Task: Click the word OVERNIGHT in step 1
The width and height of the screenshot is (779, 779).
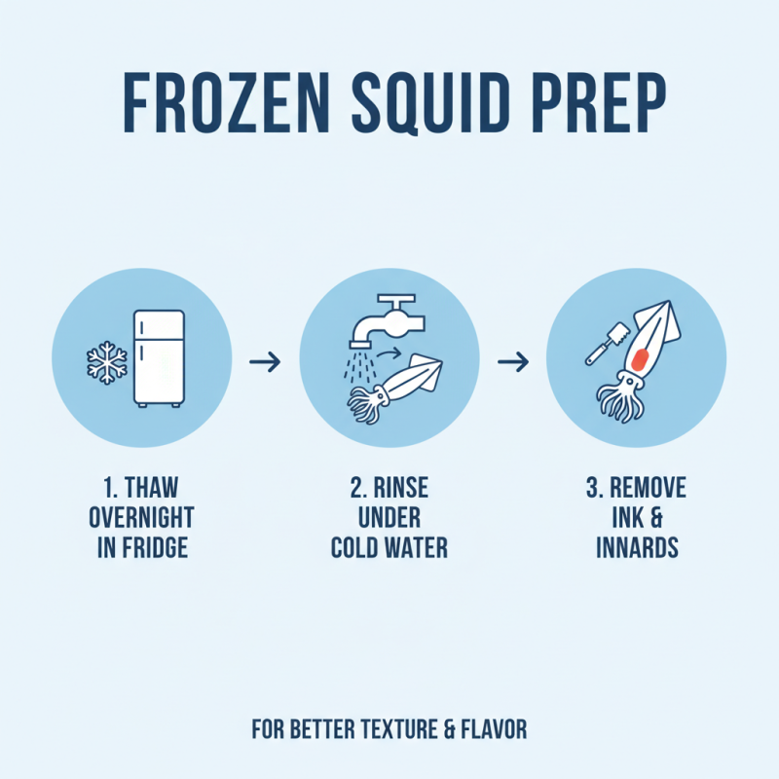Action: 141,517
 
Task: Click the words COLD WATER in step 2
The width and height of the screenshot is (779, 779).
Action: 389,547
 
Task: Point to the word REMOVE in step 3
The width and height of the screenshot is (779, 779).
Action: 648,487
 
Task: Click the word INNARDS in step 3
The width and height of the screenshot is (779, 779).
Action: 637,547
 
